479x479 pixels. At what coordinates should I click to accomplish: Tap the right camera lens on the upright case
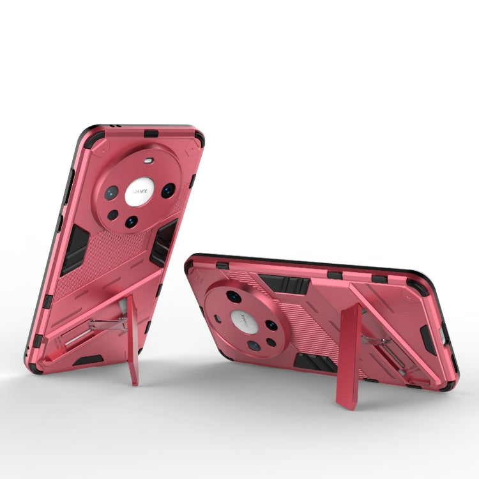[x=168, y=190]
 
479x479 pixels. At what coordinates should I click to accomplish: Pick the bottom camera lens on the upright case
[x=131, y=222]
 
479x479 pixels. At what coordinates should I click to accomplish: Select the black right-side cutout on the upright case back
[x=163, y=239]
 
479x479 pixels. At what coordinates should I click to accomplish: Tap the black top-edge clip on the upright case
[x=152, y=133]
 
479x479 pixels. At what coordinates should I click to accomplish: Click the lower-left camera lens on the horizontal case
[x=254, y=346]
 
